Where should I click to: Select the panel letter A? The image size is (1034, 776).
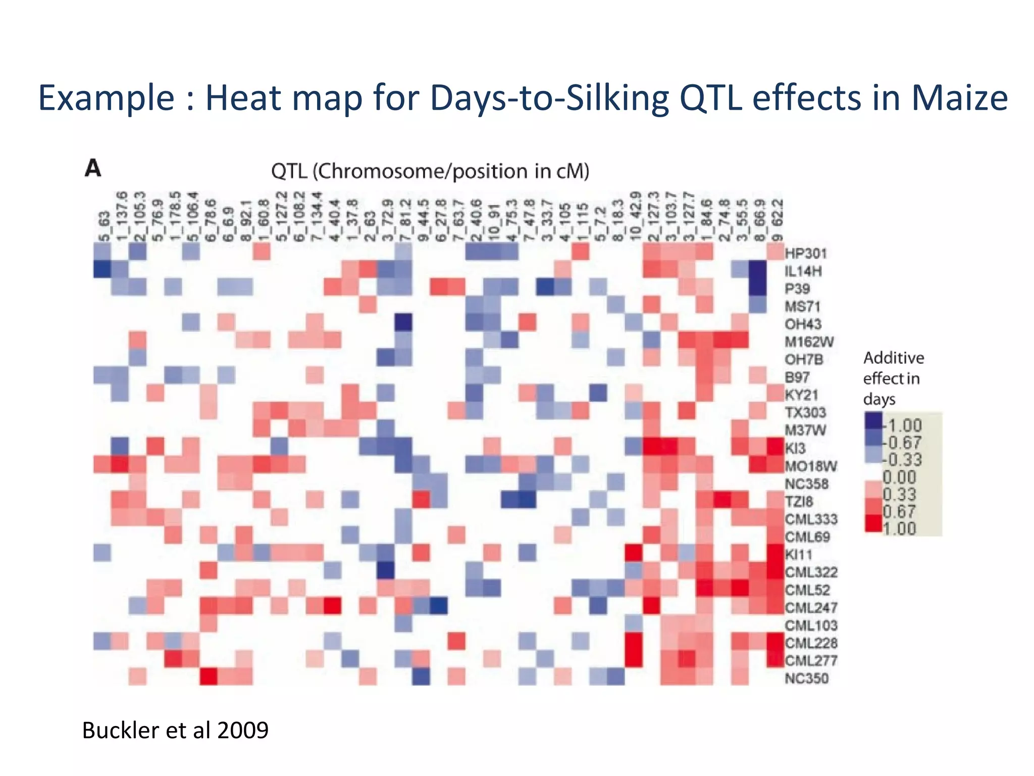tap(93, 168)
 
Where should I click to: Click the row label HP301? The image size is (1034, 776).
tap(806, 253)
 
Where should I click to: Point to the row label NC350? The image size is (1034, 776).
tap(807, 678)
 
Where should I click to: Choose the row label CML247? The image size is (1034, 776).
tap(811, 608)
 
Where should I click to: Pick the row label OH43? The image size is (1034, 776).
tap(803, 324)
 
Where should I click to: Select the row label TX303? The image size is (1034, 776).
tap(805, 412)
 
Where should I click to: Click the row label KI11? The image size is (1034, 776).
tap(799, 555)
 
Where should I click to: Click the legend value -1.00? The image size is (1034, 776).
tap(903, 425)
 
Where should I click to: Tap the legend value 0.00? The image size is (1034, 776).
tap(899, 477)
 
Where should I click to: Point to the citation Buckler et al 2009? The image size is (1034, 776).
tap(175, 730)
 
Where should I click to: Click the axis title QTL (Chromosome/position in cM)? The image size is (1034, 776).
tap(430, 171)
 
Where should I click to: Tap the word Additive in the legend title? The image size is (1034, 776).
tap(894, 358)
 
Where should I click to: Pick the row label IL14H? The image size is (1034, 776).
tap(803, 271)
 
